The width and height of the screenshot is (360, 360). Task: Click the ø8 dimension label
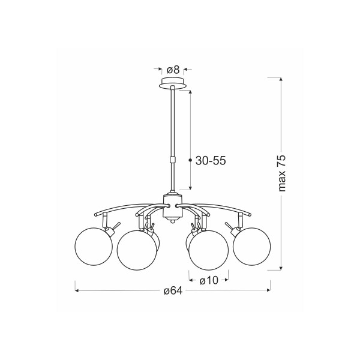173,70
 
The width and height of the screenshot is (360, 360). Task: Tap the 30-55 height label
211,160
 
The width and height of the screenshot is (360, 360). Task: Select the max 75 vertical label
281,173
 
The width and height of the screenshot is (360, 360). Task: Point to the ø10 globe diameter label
209,280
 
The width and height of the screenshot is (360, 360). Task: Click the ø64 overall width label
173,290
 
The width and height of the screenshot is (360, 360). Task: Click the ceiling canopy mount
173,83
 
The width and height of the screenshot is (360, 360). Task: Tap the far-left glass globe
94,247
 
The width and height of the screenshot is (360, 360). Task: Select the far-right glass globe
251,247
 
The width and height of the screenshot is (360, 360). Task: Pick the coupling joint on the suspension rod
172,160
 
